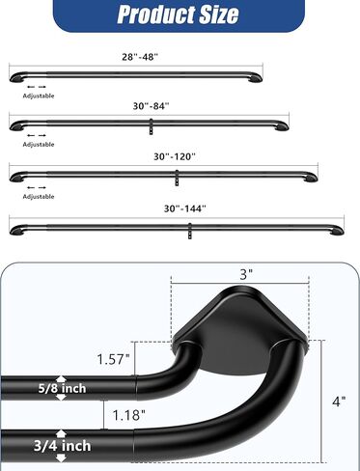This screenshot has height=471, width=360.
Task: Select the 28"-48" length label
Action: (x=140, y=58)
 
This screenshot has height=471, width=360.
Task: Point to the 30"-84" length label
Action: (x=149, y=108)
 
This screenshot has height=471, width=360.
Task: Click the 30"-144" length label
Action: (x=180, y=207)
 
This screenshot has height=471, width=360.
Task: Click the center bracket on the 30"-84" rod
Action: (x=151, y=125)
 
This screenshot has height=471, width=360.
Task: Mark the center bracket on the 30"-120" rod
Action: (x=176, y=176)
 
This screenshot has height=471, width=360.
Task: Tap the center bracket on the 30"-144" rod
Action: (x=189, y=228)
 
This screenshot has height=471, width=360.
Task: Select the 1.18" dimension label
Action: (x=127, y=415)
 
